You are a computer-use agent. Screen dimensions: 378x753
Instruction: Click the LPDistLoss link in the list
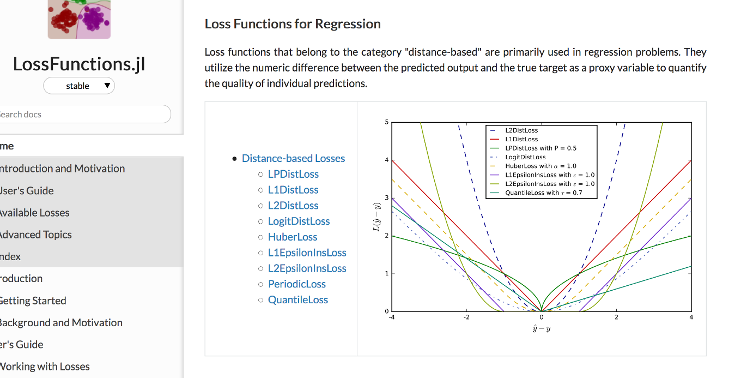point(293,174)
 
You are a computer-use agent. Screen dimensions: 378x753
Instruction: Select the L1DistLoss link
point(293,190)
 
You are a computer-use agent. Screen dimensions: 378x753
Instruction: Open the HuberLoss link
point(293,237)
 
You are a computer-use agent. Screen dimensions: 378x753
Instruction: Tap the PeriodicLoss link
point(297,284)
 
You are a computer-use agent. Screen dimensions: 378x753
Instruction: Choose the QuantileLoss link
point(298,300)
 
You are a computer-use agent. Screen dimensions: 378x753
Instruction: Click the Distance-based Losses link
point(293,158)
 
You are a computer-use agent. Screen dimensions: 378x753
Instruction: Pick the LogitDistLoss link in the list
point(299,221)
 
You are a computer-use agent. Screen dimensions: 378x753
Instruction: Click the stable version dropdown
point(79,86)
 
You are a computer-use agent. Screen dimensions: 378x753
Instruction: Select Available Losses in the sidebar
point(35,213)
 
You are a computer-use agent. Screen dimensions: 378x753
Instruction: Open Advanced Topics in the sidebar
point(36,235)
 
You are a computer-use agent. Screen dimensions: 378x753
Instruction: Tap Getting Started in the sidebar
point(33,301)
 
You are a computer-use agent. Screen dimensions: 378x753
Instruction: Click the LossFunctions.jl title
point(79,64)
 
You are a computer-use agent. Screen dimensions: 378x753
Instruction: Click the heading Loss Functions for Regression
point(293,24)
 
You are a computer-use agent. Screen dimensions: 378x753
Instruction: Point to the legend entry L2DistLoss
point(521,131)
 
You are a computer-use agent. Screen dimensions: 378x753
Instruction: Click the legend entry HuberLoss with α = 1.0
point(541,166)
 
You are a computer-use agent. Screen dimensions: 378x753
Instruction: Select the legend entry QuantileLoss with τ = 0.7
point(543,193)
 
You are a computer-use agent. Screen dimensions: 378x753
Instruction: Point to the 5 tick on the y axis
point(387,122)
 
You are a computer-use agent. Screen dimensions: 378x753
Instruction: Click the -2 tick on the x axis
point(466,317)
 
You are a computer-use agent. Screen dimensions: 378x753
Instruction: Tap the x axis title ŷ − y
point(541,329)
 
